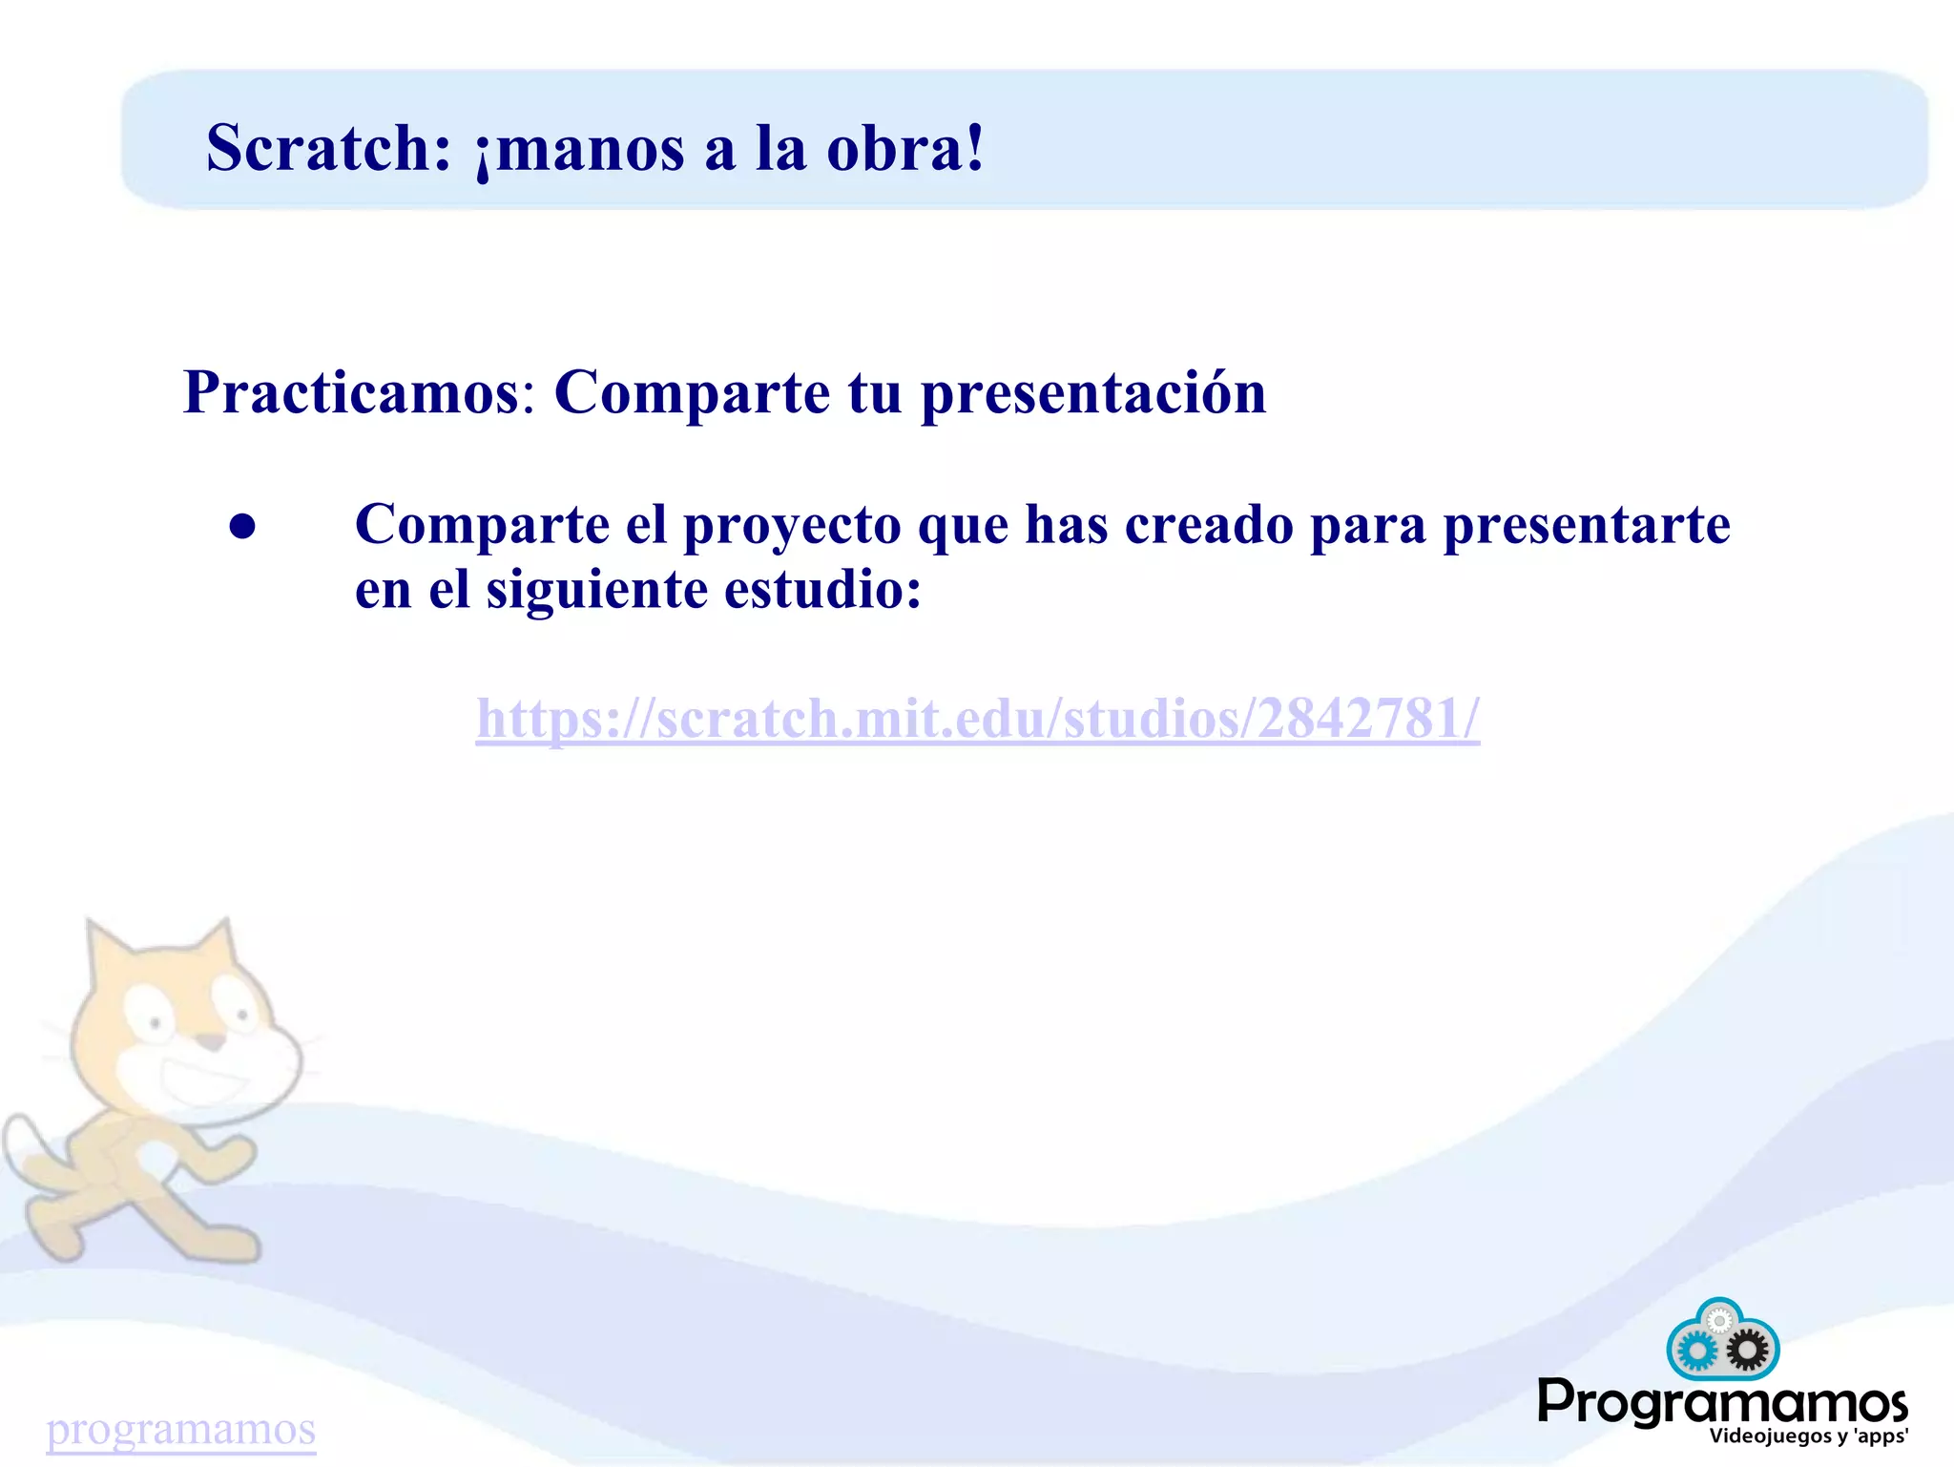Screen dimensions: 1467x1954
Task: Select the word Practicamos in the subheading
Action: (351, 392)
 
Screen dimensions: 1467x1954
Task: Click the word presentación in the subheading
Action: (1093, 392)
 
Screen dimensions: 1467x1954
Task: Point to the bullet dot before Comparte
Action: (243, 527)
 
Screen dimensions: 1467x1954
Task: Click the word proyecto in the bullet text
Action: (792, 527)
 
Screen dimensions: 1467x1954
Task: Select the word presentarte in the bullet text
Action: (1586, 525)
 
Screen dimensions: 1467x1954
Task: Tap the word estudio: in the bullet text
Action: (822, 590)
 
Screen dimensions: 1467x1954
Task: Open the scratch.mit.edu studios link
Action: (977, 718)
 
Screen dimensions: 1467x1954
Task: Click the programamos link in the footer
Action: (181, 1430)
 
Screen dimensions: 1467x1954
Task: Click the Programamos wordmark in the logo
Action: (1722, 1402)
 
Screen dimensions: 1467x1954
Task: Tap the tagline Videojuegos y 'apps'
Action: (1808, 1436)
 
